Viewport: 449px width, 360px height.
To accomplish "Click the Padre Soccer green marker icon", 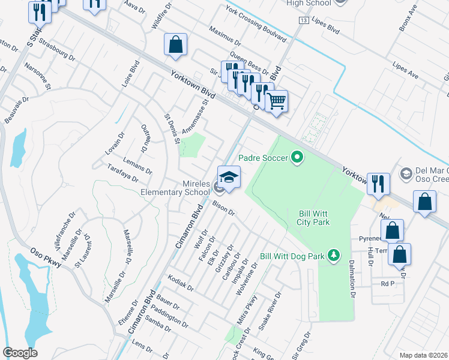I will coord(296,158).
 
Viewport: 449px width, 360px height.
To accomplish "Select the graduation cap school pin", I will coord(229,178).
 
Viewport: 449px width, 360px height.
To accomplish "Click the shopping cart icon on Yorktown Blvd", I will coord(276,101).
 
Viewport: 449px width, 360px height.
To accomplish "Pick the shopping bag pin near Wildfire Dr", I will coord(175,45).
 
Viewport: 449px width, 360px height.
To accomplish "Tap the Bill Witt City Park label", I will coord(315,218).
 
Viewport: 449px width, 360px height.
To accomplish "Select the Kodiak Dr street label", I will coord(181,283).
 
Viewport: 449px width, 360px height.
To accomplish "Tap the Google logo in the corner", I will coord(20,353).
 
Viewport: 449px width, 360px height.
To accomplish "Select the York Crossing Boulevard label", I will coord(255,24).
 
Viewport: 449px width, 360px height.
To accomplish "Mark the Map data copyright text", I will coord(423,355).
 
